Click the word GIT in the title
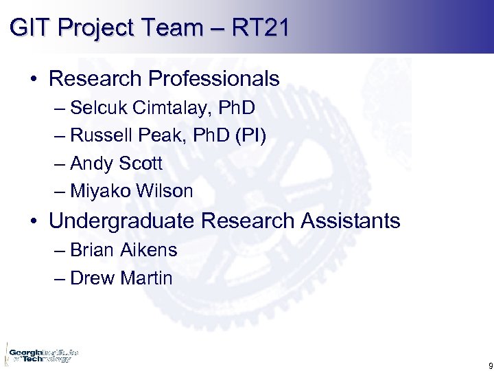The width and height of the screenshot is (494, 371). pos(28,28)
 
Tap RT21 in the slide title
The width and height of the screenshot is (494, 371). pos(261,28)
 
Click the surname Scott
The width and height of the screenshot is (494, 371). pos(141,164)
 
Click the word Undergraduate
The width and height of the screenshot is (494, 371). pos(123,221)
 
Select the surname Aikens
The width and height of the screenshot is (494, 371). pos(149,250)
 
